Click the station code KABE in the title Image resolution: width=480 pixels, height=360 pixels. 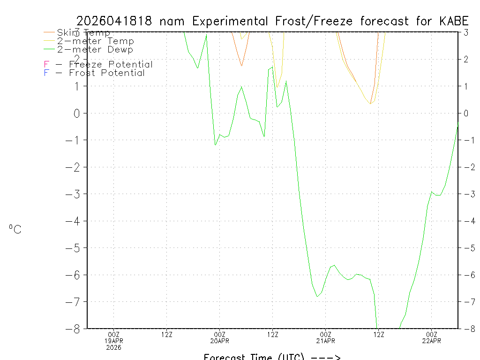[454, 21]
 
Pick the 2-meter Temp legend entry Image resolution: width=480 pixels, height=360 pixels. [95, 41]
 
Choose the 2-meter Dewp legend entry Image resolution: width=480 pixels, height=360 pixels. [95, 49]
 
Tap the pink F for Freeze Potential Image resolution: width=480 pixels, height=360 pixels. [46, 65]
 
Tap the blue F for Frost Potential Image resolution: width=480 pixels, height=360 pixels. [46, 73]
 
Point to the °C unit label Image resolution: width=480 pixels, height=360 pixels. [15, 230]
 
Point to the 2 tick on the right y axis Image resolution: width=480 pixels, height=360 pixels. [466, 59]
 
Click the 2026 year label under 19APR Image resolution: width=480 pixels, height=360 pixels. [113, 347]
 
